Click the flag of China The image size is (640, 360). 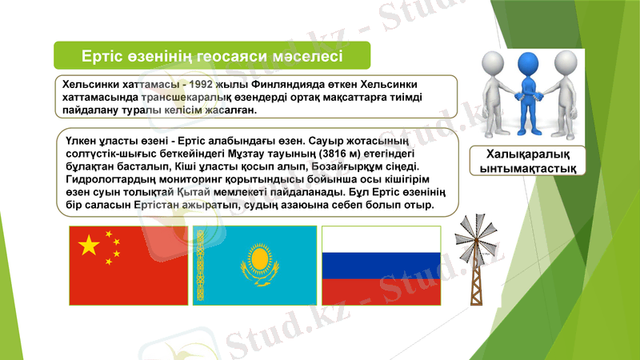pyautogui.click(x=129, y=266)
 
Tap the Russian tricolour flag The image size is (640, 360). pyautogui.click(x=381, y=266)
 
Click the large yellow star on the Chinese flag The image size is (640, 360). pyautogui.click(x=89, y=245)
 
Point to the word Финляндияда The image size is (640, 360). pyautogui.click(x=293, y=84)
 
